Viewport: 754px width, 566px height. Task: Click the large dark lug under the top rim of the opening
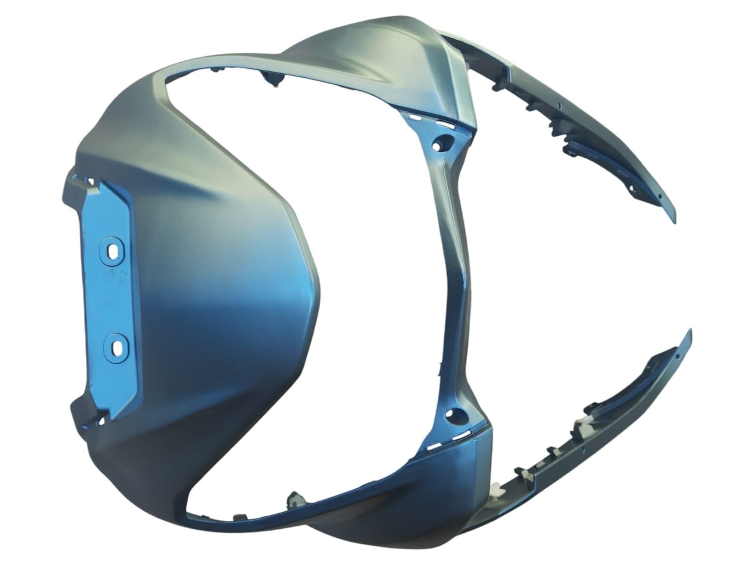tap(273, 81)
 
